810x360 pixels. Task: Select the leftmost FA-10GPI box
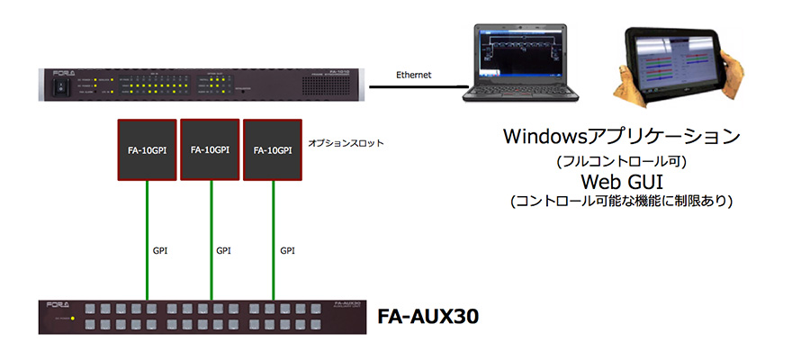coord(147,148)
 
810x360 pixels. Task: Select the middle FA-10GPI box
coord(210,148)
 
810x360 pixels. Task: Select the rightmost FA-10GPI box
coord(273,148)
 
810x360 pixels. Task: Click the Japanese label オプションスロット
coord(346,142)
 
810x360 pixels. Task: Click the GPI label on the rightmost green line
coord(287,250)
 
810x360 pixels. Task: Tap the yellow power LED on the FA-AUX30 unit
coord(73,319)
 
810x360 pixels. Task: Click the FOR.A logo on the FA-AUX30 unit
coord(56,305)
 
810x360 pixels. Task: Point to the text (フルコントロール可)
coord(620,162)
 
